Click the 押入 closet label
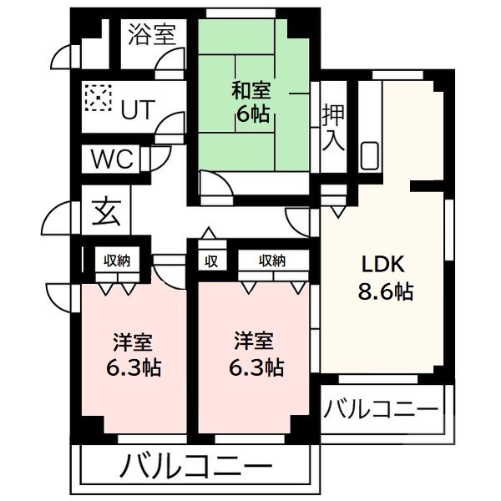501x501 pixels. click(334, 125)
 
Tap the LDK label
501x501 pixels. click(382, 265)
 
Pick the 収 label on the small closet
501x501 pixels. click(211, 261)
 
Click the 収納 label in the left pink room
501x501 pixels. click(117, 261)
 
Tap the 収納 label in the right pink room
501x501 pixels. click(271, 261)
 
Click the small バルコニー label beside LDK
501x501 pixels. click(381, 411)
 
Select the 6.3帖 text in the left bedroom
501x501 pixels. click(133, 367)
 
